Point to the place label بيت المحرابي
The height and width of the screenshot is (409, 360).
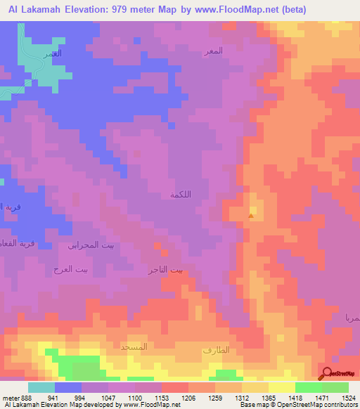tap(89, 245)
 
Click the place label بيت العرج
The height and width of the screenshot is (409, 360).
tap(68, 269)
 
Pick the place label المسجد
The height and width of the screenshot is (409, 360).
tap(134, 347)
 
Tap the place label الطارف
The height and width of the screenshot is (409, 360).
tap(215, 350)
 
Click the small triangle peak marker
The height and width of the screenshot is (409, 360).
tap(251, 216)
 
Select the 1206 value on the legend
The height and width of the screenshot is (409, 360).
tap(188, 396)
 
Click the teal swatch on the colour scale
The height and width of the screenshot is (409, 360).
tap(41, 387)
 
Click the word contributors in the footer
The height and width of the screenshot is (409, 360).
tap(340, 405)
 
